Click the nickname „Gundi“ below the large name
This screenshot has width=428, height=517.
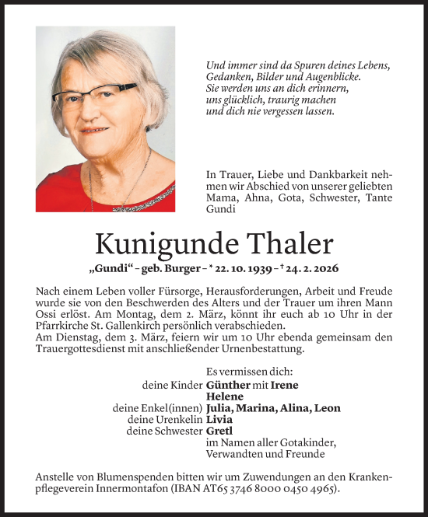point(111,270)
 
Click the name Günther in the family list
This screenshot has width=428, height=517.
point(228,385)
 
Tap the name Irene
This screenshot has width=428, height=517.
point(284,385)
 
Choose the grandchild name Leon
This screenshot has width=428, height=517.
point(326,408)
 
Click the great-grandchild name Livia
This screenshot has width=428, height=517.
point(219,419)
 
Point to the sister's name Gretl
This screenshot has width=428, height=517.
point(219,431)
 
